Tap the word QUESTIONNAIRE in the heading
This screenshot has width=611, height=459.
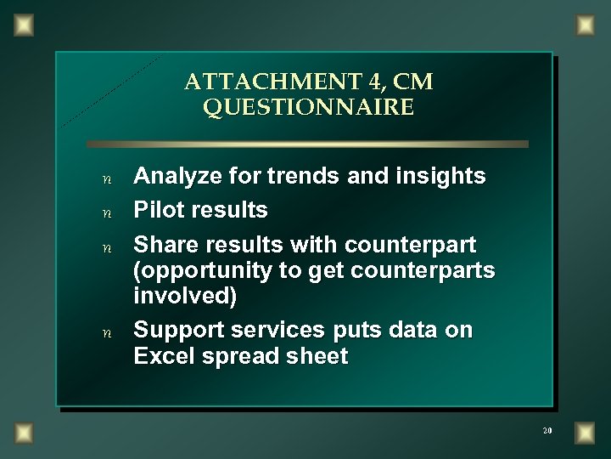(309, 108)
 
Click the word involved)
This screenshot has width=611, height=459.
(186, 298)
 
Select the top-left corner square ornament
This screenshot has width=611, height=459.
(25, 26)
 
